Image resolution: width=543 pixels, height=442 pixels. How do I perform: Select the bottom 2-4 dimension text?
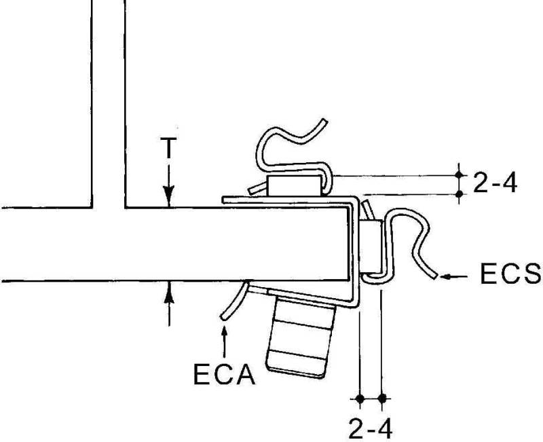370,428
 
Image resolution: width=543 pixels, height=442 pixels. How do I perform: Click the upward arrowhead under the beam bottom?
168,290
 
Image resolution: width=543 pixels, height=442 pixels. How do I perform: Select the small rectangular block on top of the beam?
293,185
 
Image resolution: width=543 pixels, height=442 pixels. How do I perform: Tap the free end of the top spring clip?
324,122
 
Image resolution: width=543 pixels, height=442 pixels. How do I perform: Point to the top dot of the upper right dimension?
460,174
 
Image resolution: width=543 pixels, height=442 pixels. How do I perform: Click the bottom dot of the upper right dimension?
460,194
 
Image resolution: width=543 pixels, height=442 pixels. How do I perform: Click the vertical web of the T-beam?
108,102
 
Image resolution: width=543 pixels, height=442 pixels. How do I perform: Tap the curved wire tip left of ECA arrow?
223,317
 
